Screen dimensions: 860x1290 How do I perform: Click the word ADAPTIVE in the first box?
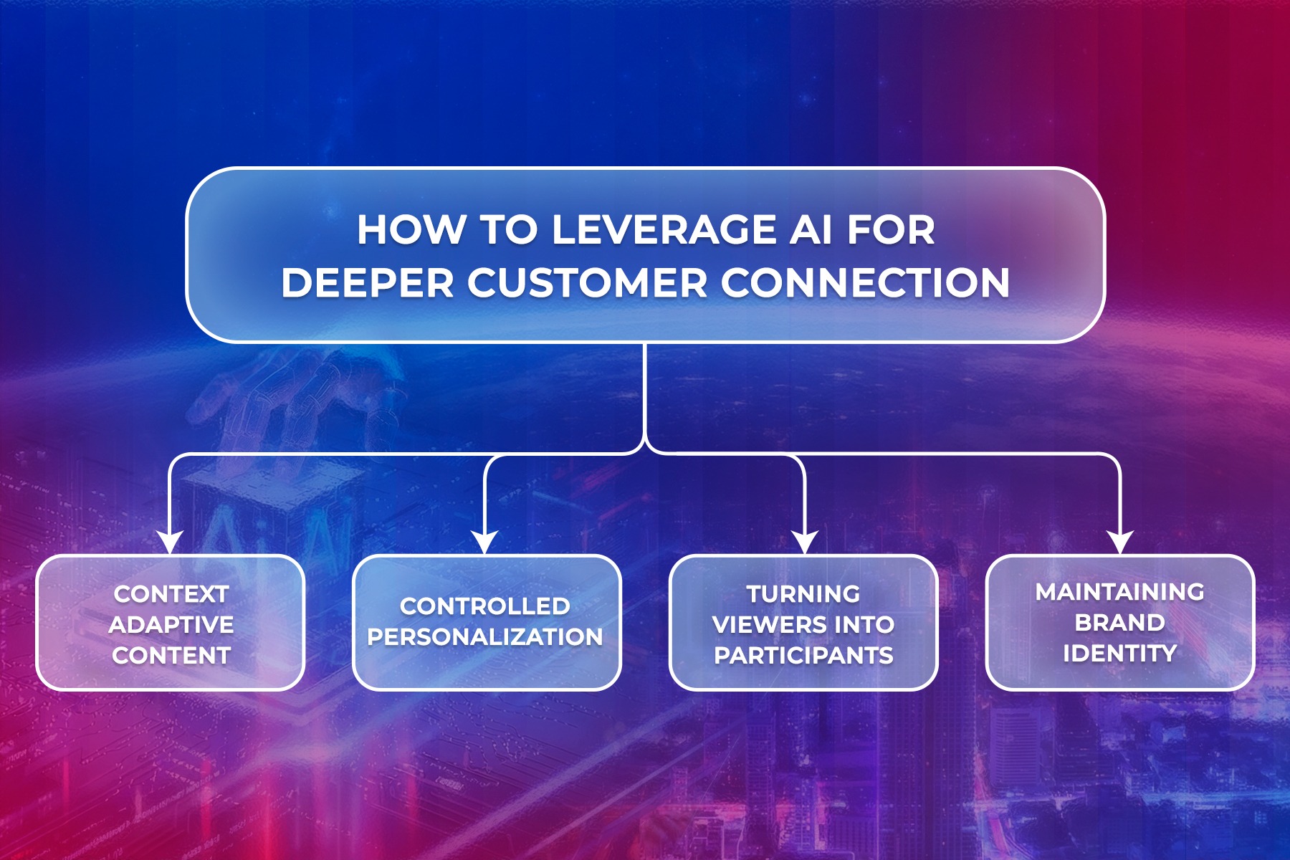click(171, 625)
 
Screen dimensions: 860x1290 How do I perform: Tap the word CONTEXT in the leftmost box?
click(171, 594)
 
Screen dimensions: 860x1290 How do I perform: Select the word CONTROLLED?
click(485, 606)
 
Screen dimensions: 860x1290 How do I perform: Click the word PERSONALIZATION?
click(485, 637)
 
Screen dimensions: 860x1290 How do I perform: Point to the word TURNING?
click(803, 594)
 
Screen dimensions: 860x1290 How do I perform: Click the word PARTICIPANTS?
click(803, 655)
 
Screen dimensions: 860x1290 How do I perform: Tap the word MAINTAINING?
click(1120, 592)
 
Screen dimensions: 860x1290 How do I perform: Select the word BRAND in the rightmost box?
click(1120, 623)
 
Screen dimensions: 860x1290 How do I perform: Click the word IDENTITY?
click(1120, 654)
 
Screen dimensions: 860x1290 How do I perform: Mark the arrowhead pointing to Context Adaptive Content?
click(170, 542)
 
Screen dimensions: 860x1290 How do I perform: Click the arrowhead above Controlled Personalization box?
click(485, 542)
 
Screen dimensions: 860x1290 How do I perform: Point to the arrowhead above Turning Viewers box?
click(805, 542)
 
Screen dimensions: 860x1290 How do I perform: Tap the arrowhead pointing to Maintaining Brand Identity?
click(1120, 542)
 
